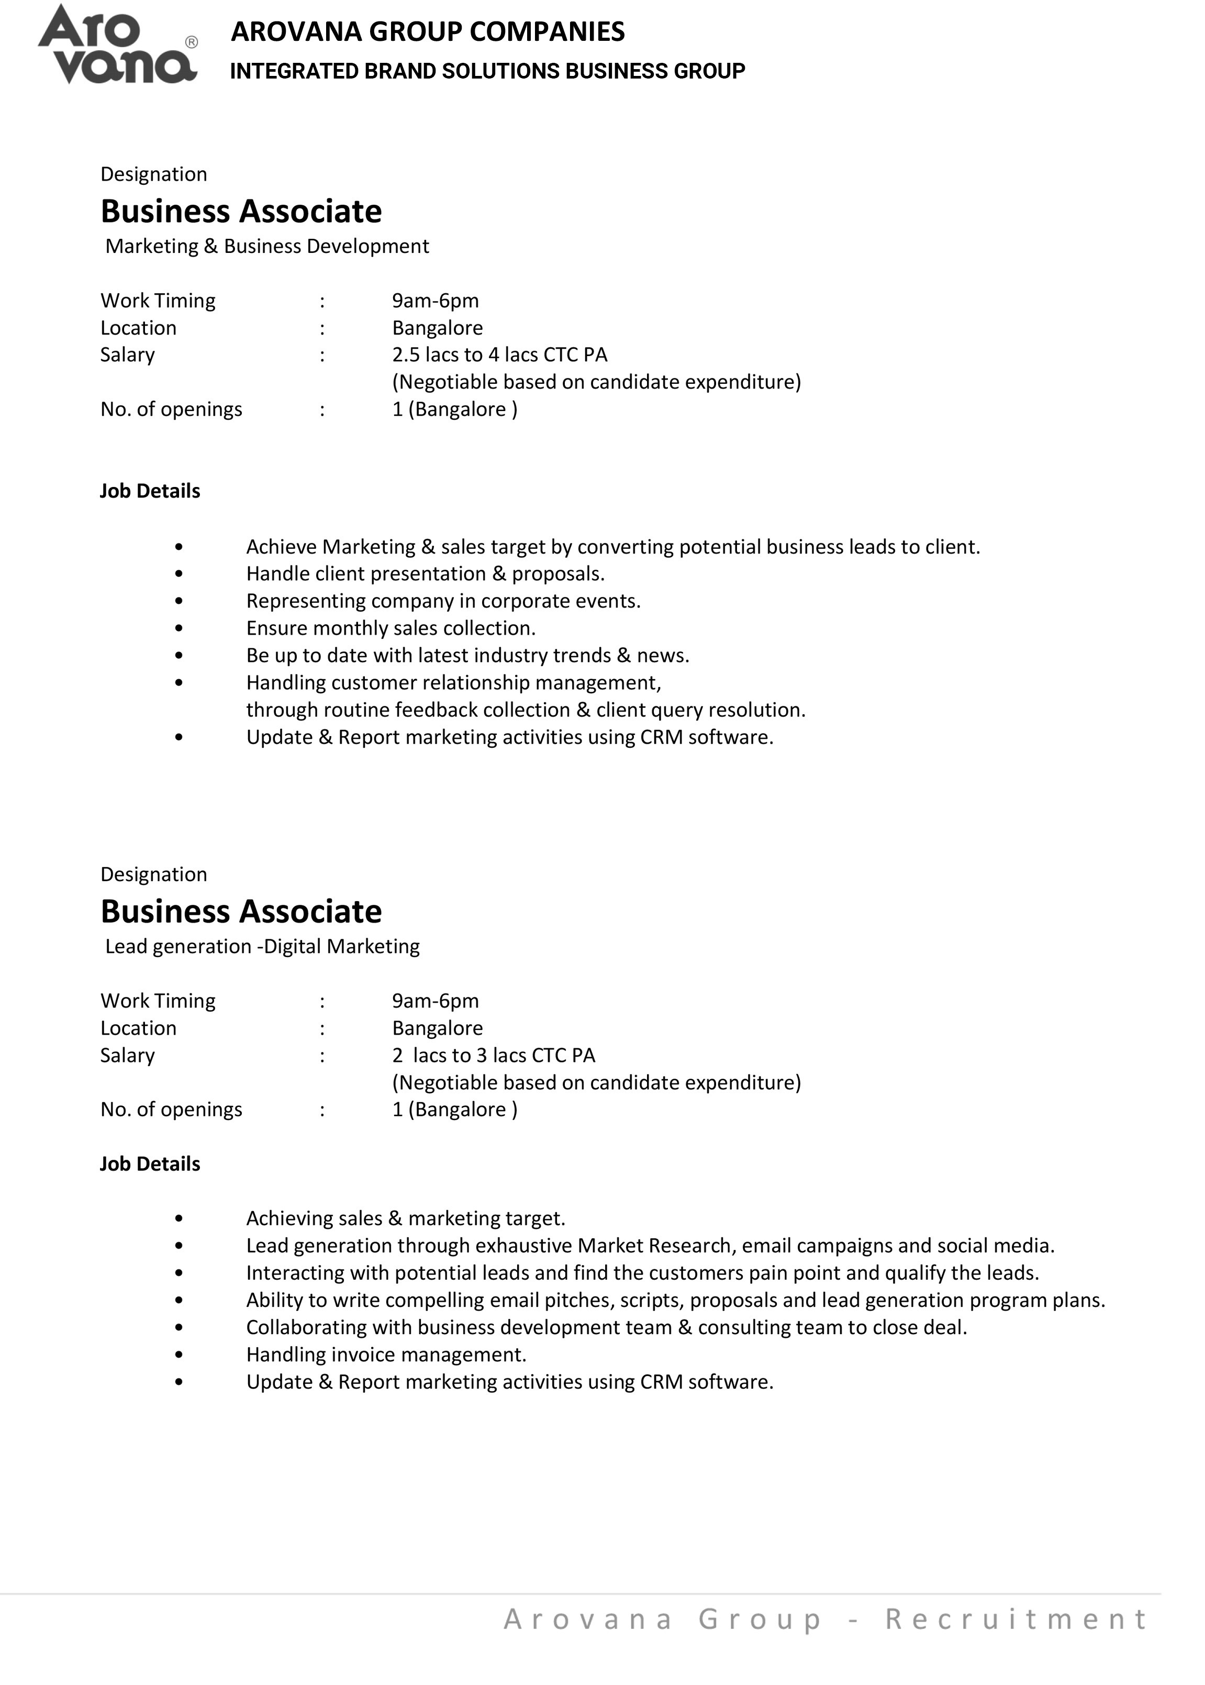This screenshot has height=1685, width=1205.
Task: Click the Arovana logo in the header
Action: (117, 45)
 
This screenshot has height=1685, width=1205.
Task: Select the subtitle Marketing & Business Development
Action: (267, 247)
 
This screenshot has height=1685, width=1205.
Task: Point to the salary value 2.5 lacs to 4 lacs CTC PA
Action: (499, 355)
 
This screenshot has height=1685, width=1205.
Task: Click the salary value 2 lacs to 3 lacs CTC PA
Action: (494, 1056)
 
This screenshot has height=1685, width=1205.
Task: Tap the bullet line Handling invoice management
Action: (386, 1355)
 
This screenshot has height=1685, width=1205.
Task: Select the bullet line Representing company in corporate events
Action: (443, 601)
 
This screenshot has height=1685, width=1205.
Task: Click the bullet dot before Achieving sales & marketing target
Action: (179, 1219)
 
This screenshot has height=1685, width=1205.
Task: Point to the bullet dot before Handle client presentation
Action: (179, 574)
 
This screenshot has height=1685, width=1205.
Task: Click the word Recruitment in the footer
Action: (1016, 1619)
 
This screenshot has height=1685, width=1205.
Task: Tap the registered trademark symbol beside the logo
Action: (192, 42)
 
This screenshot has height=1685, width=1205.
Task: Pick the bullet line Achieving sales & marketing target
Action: (405, 1219)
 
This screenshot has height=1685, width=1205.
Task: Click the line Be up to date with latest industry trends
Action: (467, 656)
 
